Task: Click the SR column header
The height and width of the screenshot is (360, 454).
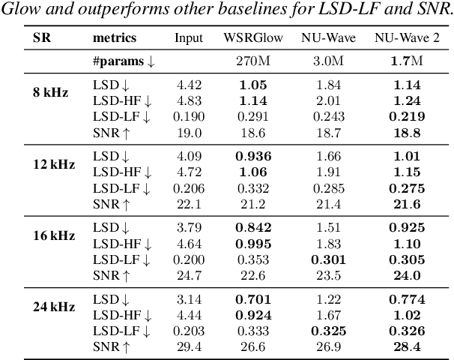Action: click(43, 37)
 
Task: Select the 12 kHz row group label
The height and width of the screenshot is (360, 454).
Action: click(52, 164)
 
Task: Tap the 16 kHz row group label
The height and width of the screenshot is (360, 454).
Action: click(52, 235)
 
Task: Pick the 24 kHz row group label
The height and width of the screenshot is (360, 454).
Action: click(52, 305)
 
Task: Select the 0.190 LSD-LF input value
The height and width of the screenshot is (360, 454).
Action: click(188, 116)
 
